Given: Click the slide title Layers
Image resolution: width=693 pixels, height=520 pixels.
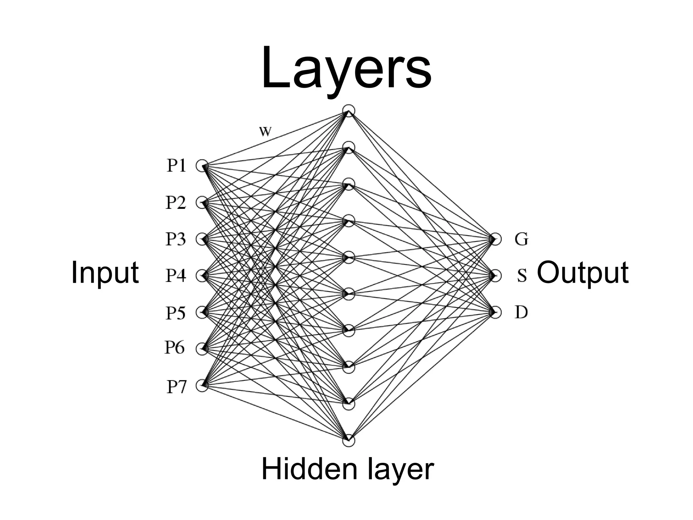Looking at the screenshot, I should [x=346, y=69].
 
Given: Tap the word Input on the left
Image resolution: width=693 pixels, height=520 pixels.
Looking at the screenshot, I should [x=105, y=273].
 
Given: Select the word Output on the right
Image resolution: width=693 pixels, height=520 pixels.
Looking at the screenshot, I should [x=583, y=273].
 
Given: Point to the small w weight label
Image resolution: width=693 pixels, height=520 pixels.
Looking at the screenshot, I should [x=265, y=131].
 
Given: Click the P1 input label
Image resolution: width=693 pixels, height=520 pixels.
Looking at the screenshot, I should [x=176, y=166].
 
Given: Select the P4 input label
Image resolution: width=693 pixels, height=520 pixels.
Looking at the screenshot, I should [x=176, y=275].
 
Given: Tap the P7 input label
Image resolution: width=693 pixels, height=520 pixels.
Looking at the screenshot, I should [x=176, y=386].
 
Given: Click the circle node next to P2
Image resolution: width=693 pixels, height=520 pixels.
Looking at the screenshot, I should [x=202, y=203].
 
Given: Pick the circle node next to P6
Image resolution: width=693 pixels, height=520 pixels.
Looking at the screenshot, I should [x=202, y=349].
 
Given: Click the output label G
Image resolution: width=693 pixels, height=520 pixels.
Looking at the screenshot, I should [x=521, y=239].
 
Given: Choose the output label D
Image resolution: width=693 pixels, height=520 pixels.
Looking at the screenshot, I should [x=521, y=312].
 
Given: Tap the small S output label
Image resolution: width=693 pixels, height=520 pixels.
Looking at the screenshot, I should [x=522, y=276].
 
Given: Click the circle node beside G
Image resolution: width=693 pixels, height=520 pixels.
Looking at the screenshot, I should [x=495, y=239].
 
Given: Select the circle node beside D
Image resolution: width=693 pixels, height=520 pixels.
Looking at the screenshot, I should [x=495, y=312].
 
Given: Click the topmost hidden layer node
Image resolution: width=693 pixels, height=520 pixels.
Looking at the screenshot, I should [x=349, y=111].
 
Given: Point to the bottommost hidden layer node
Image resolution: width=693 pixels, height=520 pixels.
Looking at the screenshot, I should [x=349, y=441].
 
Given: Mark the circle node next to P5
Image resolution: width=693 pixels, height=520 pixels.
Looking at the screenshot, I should [x=202, y=312].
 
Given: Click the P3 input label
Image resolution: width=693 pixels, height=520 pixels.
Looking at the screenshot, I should [x=176, y=239].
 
